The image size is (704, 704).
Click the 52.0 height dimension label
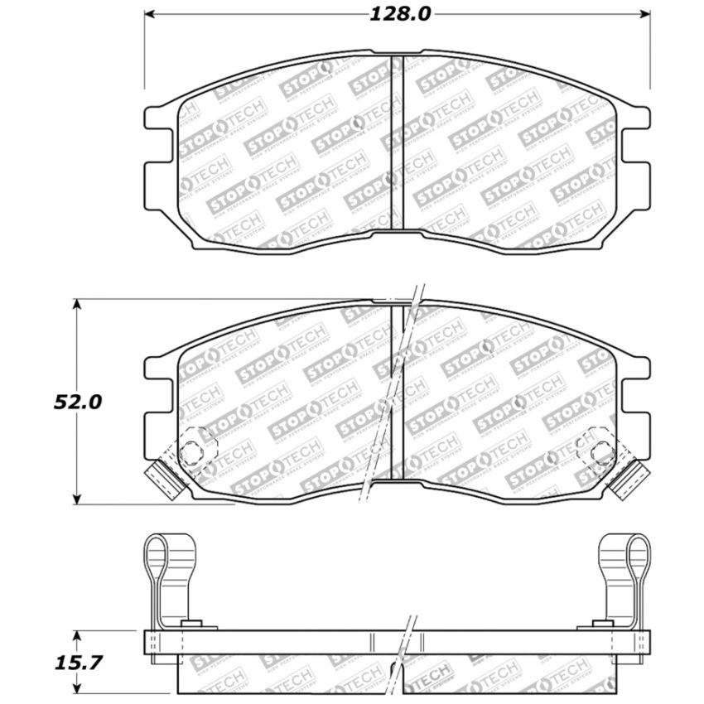pos(79,402)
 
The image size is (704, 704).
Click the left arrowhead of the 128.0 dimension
pos(151,14)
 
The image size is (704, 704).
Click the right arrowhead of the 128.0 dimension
pos(646,14)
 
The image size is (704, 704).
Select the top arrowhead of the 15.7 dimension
pos(77,635)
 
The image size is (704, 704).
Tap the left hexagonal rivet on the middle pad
pos(191,452)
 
